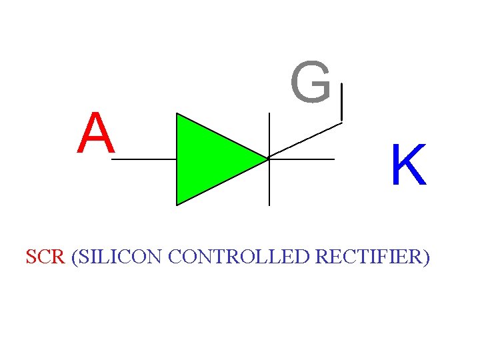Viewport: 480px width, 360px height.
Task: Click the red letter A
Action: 96,133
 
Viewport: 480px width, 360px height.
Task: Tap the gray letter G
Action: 311,83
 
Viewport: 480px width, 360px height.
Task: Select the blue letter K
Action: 408,166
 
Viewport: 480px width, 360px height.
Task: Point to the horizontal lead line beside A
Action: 145,160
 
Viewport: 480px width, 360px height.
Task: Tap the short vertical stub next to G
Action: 341,103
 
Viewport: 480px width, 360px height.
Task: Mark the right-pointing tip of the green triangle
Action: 267,159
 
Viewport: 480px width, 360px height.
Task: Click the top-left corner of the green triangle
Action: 177,114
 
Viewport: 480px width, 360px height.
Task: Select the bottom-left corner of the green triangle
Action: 177,204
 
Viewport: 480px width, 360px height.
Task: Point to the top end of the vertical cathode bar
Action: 269,114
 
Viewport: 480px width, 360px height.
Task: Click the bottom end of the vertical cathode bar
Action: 269,204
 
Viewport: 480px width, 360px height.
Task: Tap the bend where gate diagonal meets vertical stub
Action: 341,121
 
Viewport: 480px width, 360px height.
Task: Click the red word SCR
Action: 45,257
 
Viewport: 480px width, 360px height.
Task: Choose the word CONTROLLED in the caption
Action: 239,257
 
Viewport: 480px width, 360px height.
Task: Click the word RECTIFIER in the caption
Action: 369,257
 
